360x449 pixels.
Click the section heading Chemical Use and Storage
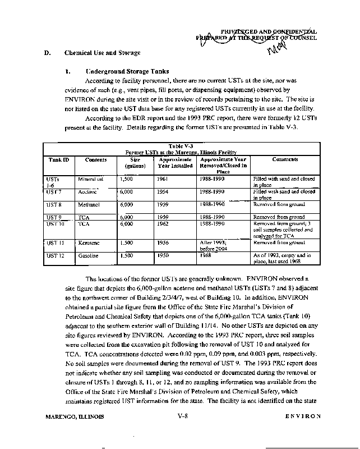coord(102,53)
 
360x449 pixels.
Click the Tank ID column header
coord(58,159)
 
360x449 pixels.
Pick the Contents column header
coord(96,159)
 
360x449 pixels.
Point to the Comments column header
coord(285,159)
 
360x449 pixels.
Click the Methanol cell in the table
coord(89,205)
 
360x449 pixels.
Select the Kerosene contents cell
coord(89,242)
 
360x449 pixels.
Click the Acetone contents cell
coord(88,191)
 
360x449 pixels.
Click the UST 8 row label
coord(54,205)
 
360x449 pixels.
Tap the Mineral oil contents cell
coord(91,178)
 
